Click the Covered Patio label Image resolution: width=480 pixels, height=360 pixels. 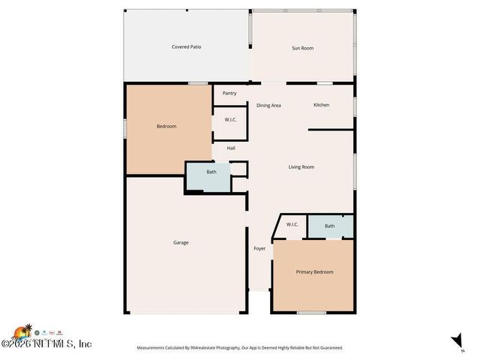(186, 46)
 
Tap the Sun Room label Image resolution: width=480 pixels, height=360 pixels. (302, 48)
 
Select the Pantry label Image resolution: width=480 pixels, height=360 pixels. (229, 93)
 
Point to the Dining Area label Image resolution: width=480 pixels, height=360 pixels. (268, 105)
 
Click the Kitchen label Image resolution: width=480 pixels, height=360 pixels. (321, 105)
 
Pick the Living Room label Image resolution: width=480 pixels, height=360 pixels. (301, 166)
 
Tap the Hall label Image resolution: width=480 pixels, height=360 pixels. (231, 148)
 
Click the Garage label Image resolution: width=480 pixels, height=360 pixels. (181, 242)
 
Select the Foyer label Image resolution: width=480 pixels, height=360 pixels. (259, 248)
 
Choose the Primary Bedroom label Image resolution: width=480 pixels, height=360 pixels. (314, 271)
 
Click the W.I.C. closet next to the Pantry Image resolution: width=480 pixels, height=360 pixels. (230, 120)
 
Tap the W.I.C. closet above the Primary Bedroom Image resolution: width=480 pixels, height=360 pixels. (292, 224)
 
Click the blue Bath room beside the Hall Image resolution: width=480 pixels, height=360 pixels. (211, 172)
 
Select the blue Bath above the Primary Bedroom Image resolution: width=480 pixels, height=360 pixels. (330, 226)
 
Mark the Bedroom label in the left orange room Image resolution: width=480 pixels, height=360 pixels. (166, 126)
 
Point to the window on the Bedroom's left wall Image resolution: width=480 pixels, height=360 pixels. (124, 128)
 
